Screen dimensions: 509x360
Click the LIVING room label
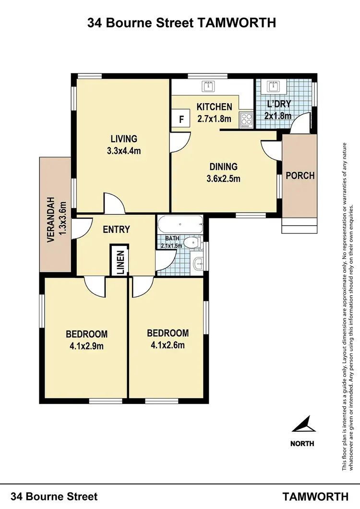(x=124, y=139)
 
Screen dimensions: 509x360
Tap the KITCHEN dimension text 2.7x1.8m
(x=214, y=119)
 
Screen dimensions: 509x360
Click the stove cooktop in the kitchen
(x=246, y=119)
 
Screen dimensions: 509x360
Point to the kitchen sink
(x=209, y=86)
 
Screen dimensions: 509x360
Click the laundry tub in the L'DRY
(x=273, y=86)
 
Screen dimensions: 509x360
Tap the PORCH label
(x=300, y=176)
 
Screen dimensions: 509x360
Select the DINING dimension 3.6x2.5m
(x=223, y=179)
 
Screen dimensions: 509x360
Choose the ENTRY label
(x=116, y=230)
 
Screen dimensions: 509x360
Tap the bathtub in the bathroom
(x=180, y=225)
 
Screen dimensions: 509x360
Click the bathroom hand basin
(x=198, y=263)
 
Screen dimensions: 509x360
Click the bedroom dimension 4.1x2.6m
(x=168, y=345)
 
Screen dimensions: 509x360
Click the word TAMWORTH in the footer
(x=315, y=497)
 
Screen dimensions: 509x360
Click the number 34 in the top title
(x=94, y=23)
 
